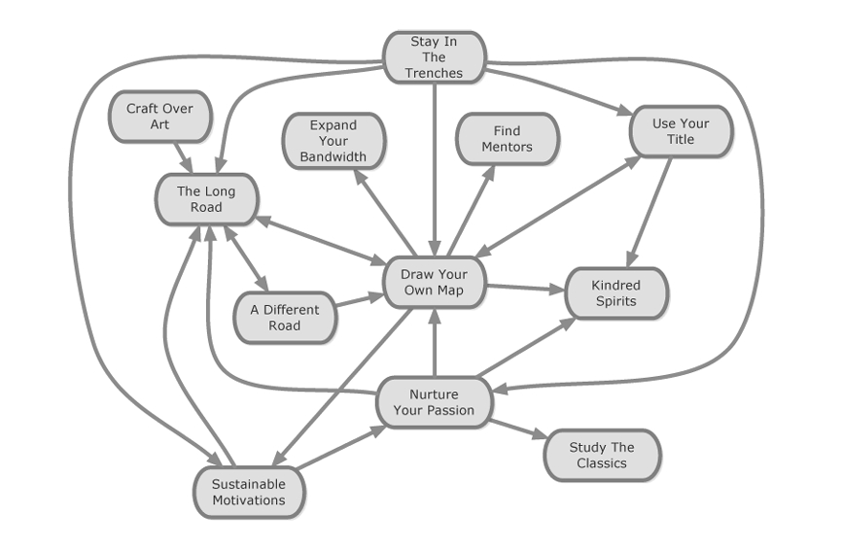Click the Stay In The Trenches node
[434, 57]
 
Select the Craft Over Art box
[159, 117]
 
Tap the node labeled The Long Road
[205, 199]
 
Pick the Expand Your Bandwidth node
[333, 140]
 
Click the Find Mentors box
[507, 139]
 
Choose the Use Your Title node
[680, 131]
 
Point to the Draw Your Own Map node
[434, 283]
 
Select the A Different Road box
[284, 318]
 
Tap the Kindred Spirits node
[615, 292]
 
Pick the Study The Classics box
[602, 455]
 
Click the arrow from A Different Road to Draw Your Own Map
[360, 301]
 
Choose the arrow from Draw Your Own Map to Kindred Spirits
[525, 288]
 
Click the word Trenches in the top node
[434, 73]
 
